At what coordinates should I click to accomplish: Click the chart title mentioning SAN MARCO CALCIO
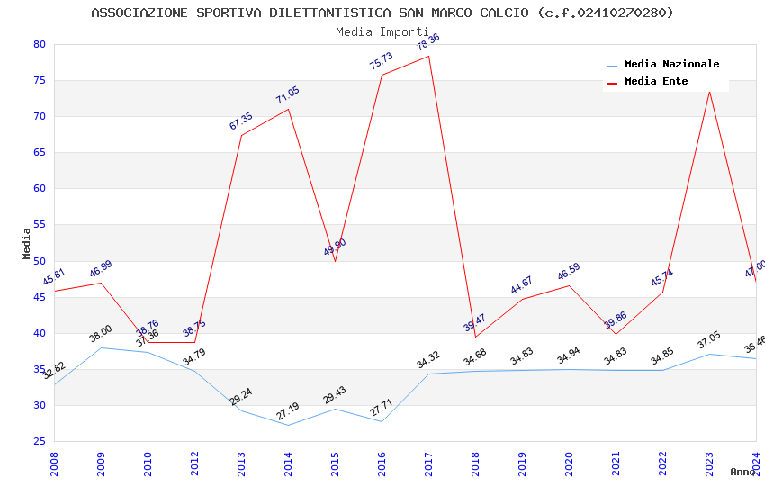point(382,13)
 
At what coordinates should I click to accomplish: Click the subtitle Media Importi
point(382,32)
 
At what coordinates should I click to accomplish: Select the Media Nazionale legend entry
point(671,65)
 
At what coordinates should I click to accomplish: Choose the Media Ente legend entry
point(656,82)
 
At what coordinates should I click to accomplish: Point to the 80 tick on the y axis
point(39,44)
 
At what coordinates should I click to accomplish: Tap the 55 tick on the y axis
point(39,225)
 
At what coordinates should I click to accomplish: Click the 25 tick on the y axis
point(39,441)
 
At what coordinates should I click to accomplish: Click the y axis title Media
point(26,243)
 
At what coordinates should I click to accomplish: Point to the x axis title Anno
point(742,472)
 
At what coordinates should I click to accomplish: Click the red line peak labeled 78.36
point(428,57)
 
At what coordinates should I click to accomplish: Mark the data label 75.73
point(382,60)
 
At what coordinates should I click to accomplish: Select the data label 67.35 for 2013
point(241,121)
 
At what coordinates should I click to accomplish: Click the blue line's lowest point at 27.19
point(288,425)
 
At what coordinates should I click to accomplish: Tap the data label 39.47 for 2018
point(474,321)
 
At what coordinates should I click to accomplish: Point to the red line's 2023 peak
point(709,91)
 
